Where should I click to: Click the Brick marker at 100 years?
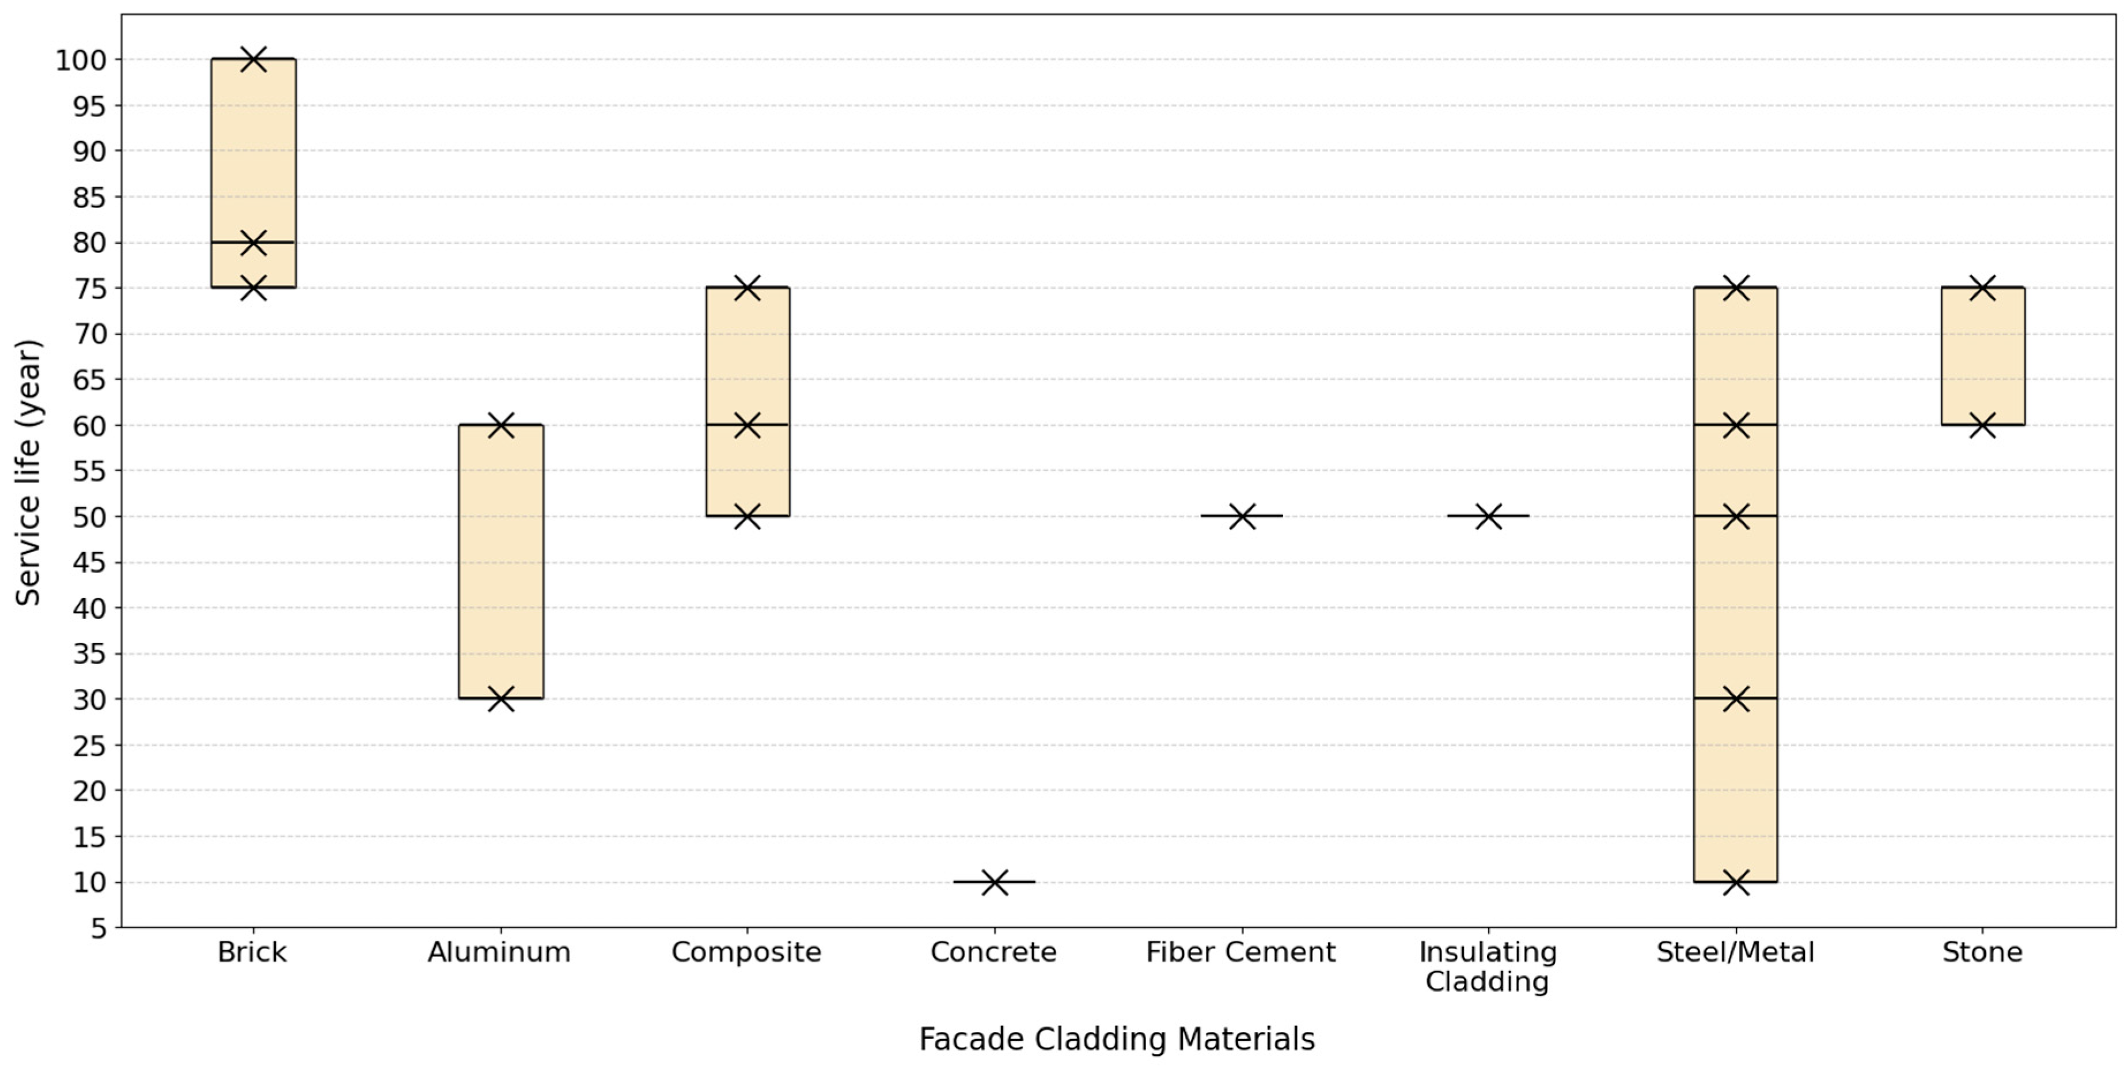253,59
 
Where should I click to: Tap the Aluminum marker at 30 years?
500,699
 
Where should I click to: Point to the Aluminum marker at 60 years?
500,425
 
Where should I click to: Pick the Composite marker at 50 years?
748,516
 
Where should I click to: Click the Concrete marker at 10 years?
995,882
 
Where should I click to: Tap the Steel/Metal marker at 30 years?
1736,699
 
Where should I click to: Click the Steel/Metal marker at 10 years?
1736,882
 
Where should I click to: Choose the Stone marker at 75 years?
1983,288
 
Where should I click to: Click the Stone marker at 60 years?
1983,425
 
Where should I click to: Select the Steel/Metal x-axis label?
1736,952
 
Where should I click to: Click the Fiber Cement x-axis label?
1241,952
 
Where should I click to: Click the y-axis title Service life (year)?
28,472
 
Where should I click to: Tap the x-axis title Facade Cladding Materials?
1117,1039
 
